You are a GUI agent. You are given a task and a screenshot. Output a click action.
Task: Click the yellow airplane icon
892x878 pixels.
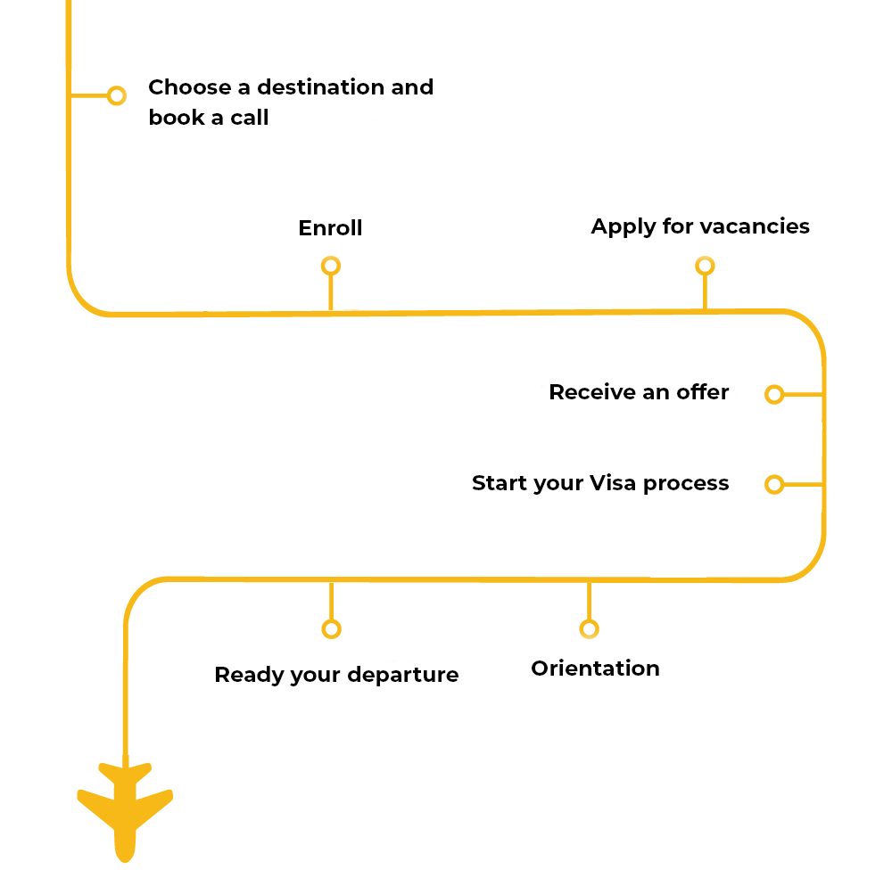(125, 807)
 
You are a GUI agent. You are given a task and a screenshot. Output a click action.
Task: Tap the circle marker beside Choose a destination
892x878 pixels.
(116, 95)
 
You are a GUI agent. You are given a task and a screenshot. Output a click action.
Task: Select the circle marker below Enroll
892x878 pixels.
(331, 266)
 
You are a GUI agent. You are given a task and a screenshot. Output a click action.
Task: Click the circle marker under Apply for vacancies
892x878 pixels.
(705, 266)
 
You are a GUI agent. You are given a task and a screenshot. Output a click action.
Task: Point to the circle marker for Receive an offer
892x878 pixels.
(774, 394)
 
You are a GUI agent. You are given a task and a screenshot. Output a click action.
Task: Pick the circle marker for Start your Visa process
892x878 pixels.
(774, 484)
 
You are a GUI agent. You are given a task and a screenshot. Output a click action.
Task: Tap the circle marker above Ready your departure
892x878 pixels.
(331, 629)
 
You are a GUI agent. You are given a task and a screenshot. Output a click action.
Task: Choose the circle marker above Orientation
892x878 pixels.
(588, 629)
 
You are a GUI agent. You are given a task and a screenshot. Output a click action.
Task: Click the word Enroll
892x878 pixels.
(330, 228)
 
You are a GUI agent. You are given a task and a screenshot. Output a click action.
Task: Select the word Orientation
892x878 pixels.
(595, 669)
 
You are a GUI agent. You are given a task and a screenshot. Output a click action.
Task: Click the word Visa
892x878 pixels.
(613, 483)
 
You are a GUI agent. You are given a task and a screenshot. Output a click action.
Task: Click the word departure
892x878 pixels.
(403, 676)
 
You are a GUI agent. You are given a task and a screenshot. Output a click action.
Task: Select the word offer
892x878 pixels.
(702, 392)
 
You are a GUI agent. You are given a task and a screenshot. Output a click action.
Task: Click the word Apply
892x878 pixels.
(620, 227)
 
